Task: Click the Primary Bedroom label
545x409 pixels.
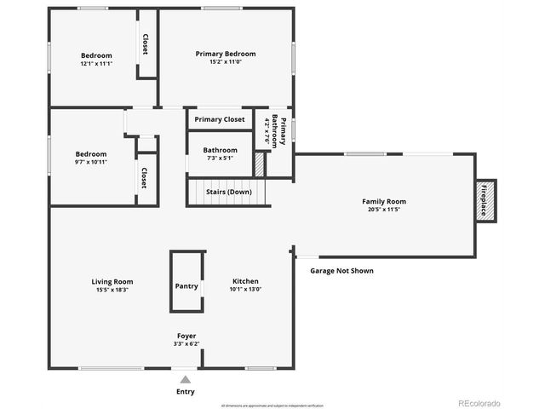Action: pos(225,54)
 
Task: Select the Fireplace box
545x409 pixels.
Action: pos(486,201)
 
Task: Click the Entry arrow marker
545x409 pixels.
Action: pos(186,379)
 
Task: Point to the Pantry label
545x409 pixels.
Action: pos(186,286)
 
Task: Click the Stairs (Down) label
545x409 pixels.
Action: pos(228,192)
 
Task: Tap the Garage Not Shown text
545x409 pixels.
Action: pos(341,271)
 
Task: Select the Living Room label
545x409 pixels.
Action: pos(112,281)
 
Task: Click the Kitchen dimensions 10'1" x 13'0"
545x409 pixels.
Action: pos(245,290)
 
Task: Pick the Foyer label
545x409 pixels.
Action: pos(186,336)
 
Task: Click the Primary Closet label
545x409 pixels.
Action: pos(220,119)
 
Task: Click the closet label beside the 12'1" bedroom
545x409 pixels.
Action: pos(146,44)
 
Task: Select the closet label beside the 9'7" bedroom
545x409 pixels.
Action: pos(145,177)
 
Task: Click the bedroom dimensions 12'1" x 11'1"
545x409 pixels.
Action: pos(96,64)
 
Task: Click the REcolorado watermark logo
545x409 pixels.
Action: pos(479,403)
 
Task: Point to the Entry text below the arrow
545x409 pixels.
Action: pos(186,392)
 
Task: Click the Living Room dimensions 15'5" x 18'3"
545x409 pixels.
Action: pos(112,290)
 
